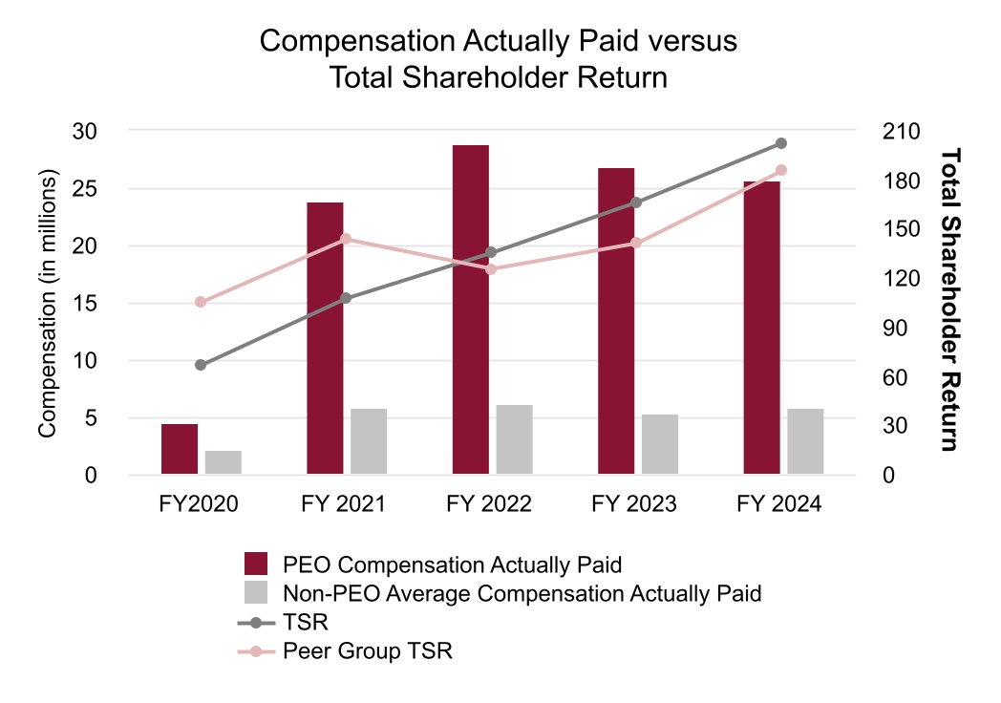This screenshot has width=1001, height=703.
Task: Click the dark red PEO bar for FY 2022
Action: (471, 309)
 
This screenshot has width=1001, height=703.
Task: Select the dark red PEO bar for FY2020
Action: (180, 449)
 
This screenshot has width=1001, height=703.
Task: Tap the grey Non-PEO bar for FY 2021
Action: (369, 441)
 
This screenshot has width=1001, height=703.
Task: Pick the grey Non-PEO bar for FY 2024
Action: (805, 441)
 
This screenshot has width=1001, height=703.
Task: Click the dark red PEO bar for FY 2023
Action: (616, 321)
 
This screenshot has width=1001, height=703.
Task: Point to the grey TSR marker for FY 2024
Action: (781, 143)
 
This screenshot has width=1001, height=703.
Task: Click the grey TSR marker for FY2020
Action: (201, 365)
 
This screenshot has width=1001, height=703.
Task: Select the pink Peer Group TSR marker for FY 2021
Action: (346, 239)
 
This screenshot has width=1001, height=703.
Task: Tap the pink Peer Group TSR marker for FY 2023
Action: (636, 244)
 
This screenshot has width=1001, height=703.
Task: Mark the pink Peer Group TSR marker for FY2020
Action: (201, 302)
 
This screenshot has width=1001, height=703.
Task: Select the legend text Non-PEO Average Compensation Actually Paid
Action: (522, 593)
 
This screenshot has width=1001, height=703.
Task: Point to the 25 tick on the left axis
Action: (87, 188)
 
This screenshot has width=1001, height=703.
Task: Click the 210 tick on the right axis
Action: (902, 131)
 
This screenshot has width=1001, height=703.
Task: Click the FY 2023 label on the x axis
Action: (634, 504)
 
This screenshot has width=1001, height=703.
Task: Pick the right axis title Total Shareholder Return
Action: (949, 299)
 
